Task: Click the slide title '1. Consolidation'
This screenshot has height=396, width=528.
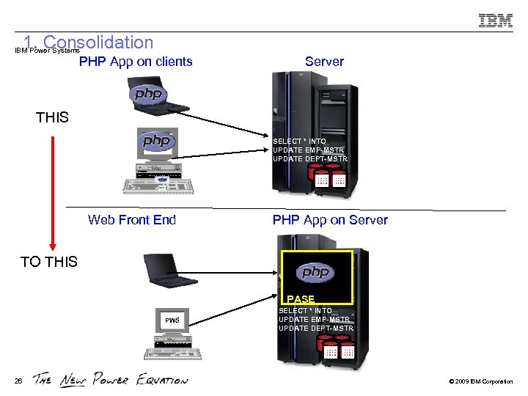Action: [88, 43]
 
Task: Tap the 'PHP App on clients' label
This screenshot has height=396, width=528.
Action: [136, 62]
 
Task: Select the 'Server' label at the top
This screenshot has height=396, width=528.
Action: [324, 62]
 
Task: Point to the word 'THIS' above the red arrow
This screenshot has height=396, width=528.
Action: [52, 117]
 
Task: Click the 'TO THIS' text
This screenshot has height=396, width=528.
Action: [49, 262]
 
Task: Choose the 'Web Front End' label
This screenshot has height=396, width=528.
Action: [132, 219]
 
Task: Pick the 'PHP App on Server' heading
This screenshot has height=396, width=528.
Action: [330, 219]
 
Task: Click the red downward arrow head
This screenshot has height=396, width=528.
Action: [52, 245]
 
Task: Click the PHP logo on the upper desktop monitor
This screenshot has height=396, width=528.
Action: [157, 141]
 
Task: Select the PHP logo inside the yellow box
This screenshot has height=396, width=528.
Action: [316, 273]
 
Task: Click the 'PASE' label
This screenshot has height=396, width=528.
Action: [301, 299]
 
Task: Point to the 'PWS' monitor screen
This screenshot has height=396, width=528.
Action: [171, 320]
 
